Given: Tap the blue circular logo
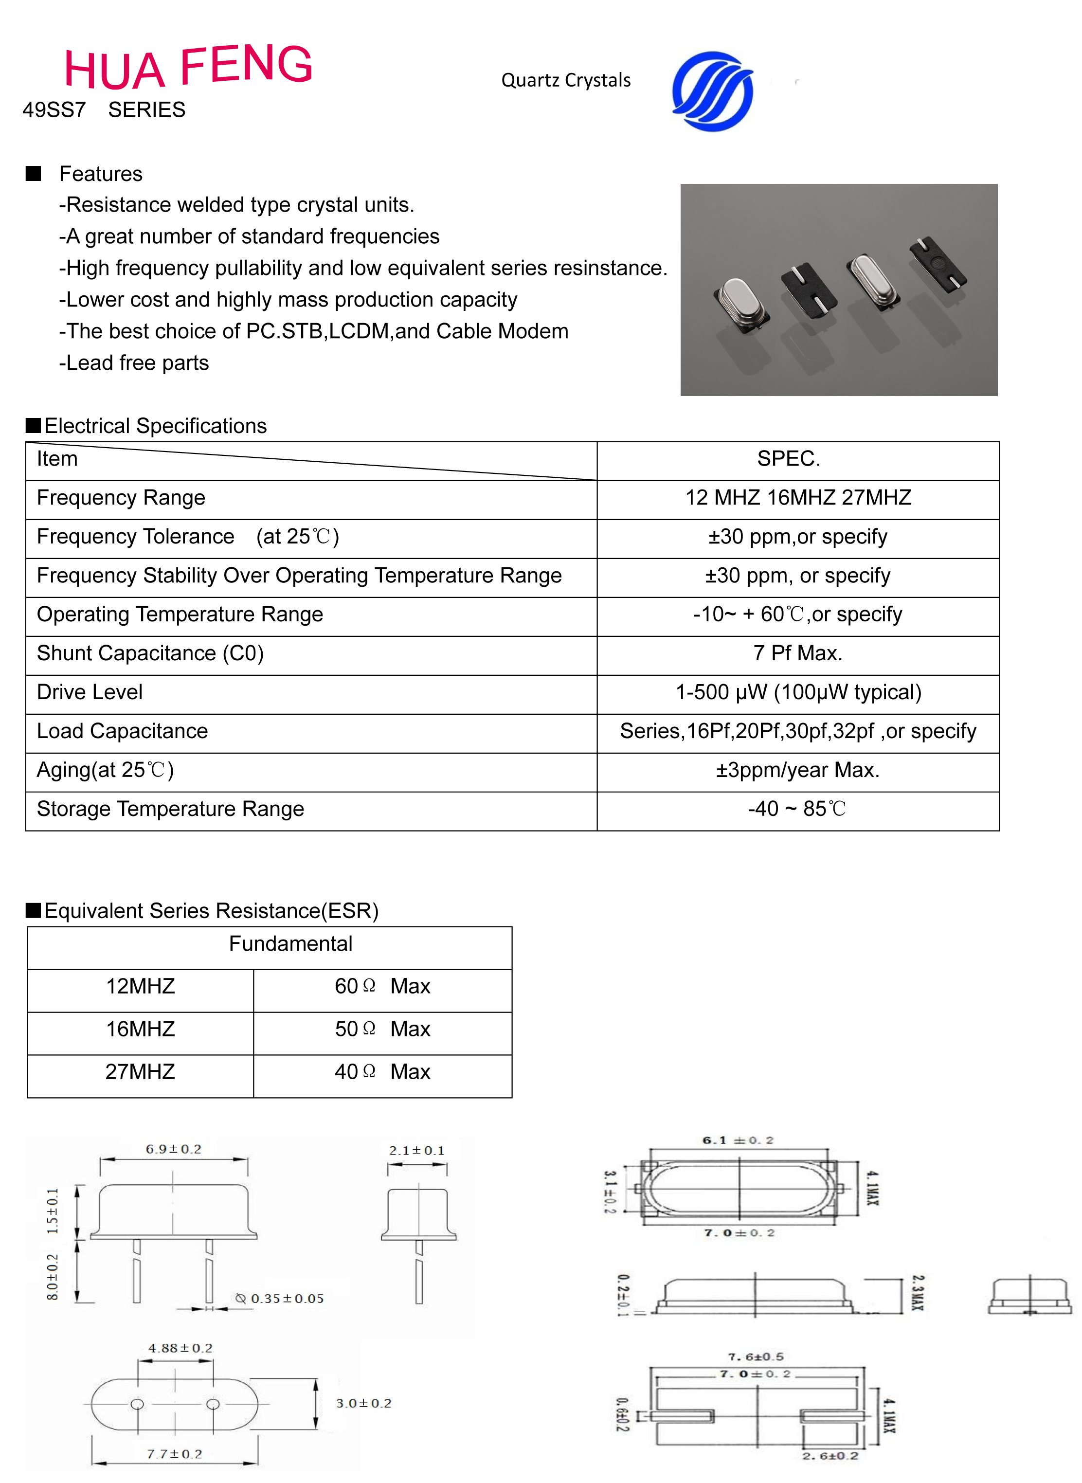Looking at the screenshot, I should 713,91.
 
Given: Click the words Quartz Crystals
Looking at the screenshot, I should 565,81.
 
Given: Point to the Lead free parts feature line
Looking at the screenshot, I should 134,363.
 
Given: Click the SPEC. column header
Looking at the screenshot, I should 788,458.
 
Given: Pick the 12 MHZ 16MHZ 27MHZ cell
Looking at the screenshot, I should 798,498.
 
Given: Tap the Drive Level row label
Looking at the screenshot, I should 90,692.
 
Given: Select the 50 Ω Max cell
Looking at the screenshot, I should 382,1029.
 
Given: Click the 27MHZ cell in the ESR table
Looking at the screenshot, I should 140,1072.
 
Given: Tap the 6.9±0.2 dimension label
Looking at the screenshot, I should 174,1149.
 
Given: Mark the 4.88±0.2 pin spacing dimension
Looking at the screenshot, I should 180,1348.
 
